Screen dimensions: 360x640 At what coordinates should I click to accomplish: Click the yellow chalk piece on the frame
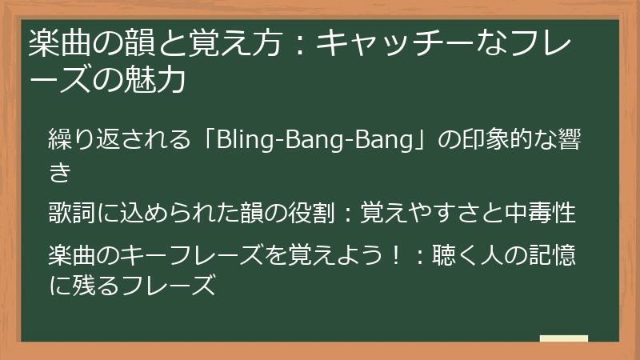[x=563, y=338]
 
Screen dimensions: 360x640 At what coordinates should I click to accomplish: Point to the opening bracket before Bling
[x=211, y=142]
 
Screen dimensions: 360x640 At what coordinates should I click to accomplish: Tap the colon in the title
[x=296, y=43]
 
